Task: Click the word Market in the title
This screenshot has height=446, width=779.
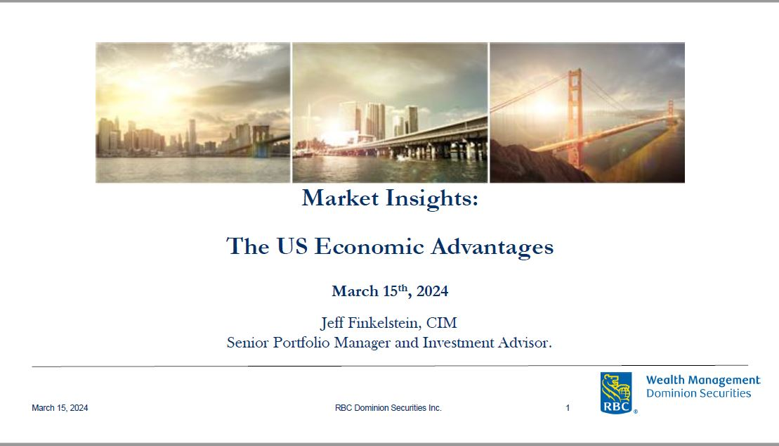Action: click(x=340, y=198)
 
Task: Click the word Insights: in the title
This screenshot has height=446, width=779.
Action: click(x=432, y=199)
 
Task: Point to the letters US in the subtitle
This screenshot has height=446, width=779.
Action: click(x=292, y=246)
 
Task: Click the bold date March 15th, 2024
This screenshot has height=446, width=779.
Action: click(x=390, y=291)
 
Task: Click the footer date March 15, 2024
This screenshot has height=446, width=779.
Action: click(x=60, y=408)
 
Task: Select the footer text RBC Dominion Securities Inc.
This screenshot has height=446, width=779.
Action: click(x=388, y=408)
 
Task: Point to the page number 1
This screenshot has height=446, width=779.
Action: click(x=568, y=408)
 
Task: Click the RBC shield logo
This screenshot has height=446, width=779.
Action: click(x=616, y=393)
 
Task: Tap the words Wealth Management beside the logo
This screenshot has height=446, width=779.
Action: click(x=703, y=381)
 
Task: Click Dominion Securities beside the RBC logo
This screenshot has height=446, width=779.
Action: click(x=698, y=393)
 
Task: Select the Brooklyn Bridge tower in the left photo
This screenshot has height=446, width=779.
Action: click(x=261, y=141)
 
